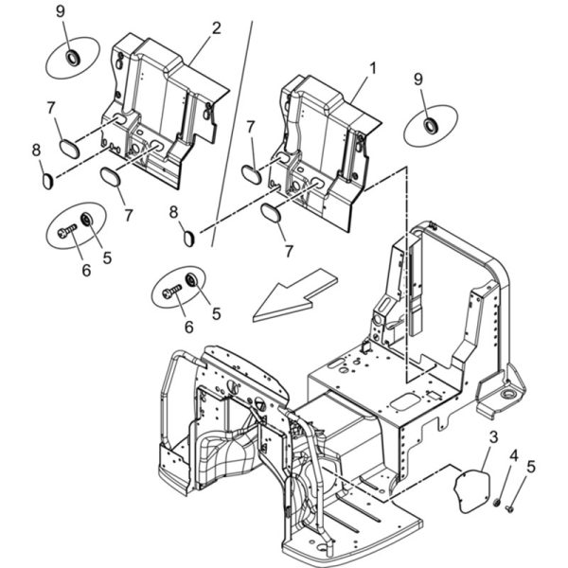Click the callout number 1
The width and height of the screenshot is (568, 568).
[372, 68]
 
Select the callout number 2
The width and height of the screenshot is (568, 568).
[216, 28]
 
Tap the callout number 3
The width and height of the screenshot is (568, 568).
[493, 437]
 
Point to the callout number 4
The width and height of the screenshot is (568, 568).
[514, 456]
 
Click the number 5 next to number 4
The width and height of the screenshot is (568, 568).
[531, 467]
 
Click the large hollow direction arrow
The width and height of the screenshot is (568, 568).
[295, 294]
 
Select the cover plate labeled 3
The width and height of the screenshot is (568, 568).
[472, 491]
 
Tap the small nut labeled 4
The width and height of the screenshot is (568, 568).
[497, 503]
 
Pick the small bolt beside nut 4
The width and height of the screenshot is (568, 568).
[509, 509]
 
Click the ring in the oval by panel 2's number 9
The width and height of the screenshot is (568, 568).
[73, 58]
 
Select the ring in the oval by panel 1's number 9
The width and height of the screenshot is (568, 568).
[431, 125]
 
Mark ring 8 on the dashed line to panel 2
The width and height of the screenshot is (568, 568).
[48, 181]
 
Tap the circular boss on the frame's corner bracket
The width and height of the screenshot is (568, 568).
[509, 394]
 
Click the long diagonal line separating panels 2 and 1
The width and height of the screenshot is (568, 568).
[232, 134]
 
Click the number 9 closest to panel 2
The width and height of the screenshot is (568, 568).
[61, 11]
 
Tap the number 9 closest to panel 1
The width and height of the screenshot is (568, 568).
[418, 79]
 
